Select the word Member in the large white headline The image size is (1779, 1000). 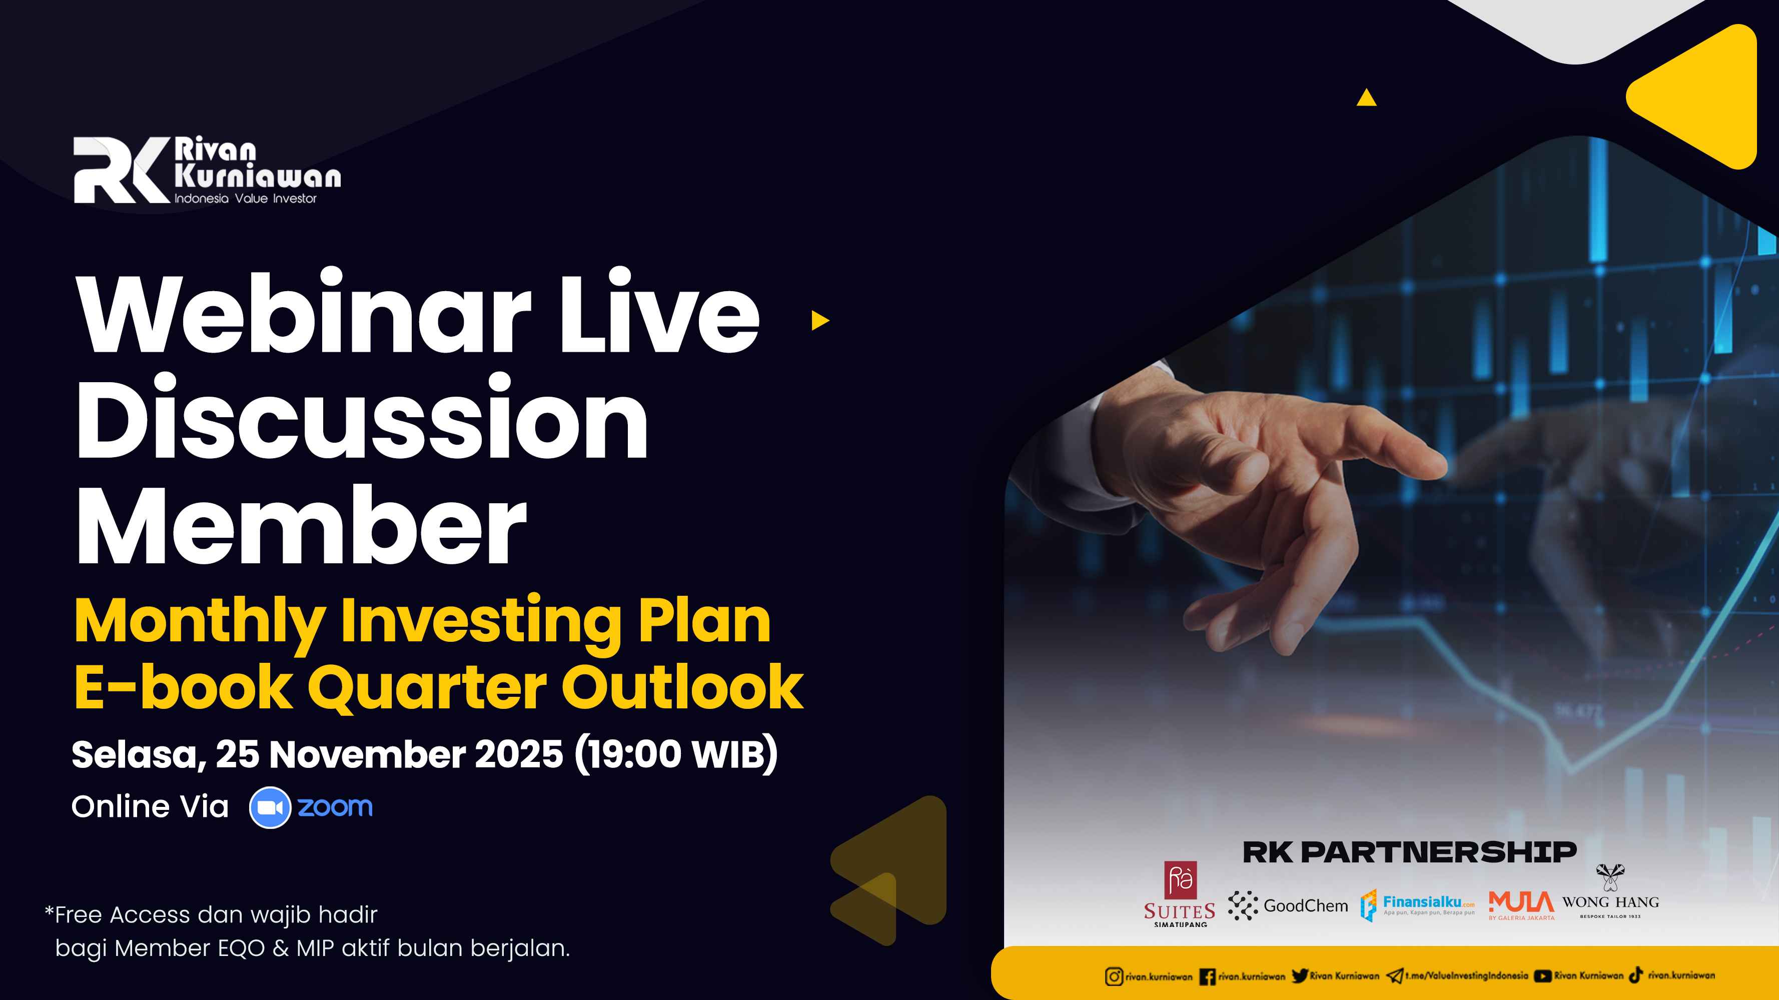pyautogui.click(x=302, y=525)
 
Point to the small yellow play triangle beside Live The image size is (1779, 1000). pyautogui.click(x=820, y=321)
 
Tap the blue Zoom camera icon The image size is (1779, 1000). pyautogui.click(x=270, y=807)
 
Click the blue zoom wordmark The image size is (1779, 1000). pyautogui.click(x=335, y=806)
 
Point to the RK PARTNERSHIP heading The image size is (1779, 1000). pyautogui.click(x=1409, y=852)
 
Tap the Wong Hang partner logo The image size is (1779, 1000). pyautogui.click(x=1610, y=891)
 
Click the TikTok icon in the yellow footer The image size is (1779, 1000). pyautogui.click(x=1635, y=975)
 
